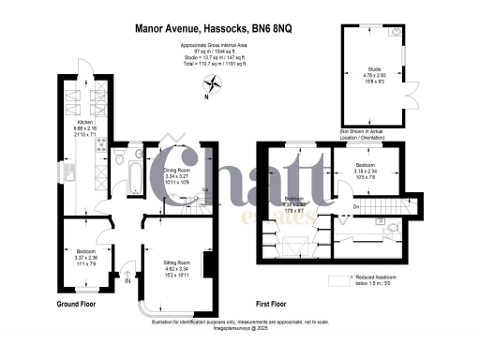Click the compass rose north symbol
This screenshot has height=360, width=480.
214,82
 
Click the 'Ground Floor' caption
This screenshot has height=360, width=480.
78,306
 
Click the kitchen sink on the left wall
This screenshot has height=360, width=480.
69,172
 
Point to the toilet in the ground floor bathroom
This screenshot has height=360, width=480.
121,160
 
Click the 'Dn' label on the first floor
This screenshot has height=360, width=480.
356,206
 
